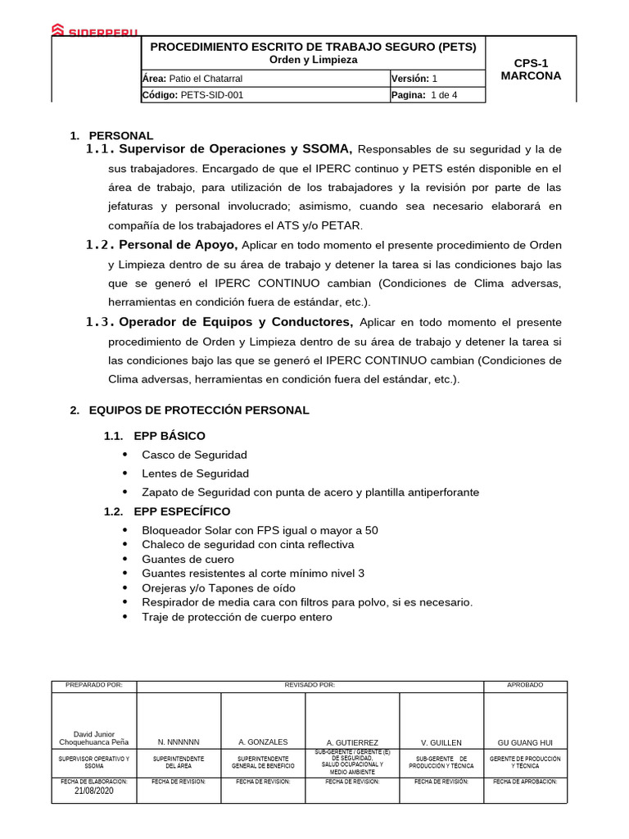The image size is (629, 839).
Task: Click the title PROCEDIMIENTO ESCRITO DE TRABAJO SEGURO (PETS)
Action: (x=313, y=48)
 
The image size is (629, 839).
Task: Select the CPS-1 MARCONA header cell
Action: (x=536, y=70)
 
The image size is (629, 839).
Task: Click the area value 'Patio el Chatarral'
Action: (x=206, y=79)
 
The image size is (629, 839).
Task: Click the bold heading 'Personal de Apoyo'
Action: (x=178, y=245)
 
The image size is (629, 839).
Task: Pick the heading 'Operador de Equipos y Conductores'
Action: (x=235, y=322)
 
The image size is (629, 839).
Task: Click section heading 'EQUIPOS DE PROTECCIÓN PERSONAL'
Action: (x=199, y=410)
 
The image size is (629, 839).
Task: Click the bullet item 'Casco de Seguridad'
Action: (x=194, y=455)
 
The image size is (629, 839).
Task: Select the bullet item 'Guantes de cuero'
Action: (x=188, y=559)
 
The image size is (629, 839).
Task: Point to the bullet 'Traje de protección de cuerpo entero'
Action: (x=237, y=617)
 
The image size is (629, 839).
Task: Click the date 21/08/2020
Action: (x=93, y=791)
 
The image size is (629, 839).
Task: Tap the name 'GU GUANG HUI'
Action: (x=525, y=742)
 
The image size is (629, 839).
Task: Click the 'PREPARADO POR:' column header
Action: (x=93, y=685)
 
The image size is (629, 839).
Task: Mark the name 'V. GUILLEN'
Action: (x=441, y=742)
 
